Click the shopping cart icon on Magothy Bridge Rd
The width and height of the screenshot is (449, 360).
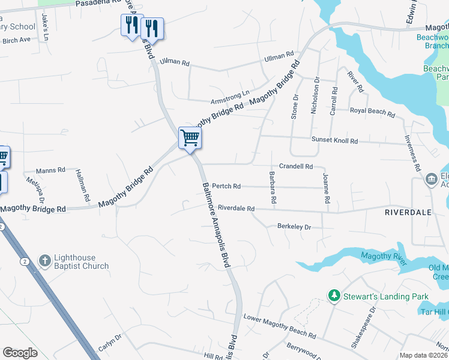[190, 137]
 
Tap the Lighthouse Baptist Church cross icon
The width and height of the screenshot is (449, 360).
[45, 261]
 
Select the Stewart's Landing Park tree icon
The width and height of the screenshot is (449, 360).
[334, 296]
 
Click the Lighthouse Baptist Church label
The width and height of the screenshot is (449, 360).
[82, 262]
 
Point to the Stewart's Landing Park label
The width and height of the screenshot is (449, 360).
[385, 296]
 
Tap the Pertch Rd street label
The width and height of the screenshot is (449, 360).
[226, 186]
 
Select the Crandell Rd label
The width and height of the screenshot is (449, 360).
[296, 166]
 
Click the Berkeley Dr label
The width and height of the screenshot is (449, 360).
[294, 227]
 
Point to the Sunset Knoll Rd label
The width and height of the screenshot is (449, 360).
[334, 140]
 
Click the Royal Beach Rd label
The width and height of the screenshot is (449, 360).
[372, 112]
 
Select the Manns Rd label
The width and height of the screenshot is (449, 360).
[50, 170]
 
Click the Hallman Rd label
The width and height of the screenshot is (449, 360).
[83, 185]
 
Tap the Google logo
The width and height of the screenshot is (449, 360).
[20, 353]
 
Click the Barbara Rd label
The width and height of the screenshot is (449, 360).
[273, 188]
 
